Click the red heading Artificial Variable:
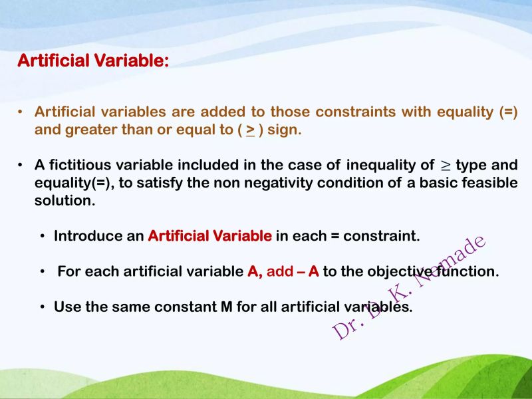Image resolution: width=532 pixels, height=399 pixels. [x=93, y=61]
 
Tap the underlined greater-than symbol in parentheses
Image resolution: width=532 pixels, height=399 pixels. [x=250, y=130]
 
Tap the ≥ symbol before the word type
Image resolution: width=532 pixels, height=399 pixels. [x=446, y=165]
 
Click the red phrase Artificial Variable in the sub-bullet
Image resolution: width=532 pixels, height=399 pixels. [x=209, y=236]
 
